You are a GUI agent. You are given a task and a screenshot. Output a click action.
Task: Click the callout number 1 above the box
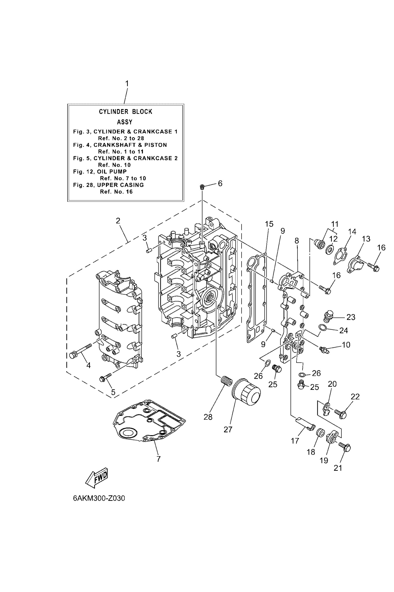pos(127,84)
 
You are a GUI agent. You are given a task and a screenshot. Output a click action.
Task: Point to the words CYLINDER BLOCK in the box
pos(125,112)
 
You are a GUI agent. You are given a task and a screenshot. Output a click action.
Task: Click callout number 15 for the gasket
pos(269,224)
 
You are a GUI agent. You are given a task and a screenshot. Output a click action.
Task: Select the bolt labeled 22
pos(340,414)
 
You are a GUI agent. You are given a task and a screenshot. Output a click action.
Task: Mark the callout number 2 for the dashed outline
pos(118,221)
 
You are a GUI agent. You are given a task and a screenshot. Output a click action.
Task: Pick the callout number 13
pos(366,239)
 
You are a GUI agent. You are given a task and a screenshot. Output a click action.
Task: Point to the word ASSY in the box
pos(125,122)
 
